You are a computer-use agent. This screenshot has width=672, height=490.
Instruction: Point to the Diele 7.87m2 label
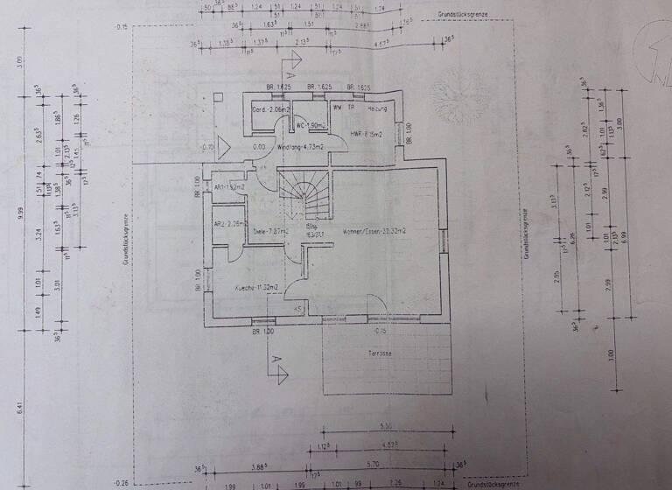(264, 232)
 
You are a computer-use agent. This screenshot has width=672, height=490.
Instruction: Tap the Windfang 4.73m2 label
(301, 148)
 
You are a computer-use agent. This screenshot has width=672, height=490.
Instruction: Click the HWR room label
(363, 133)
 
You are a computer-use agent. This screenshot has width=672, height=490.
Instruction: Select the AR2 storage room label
(227, 224)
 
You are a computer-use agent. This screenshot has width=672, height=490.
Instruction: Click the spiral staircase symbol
(306, 194)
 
